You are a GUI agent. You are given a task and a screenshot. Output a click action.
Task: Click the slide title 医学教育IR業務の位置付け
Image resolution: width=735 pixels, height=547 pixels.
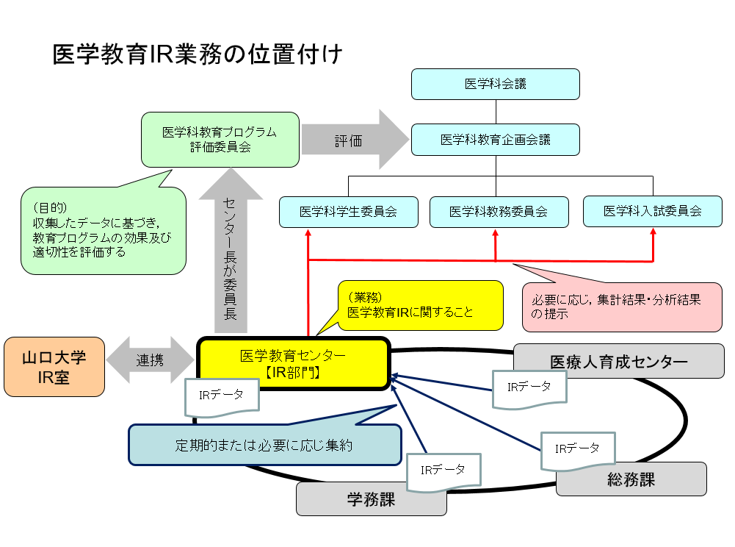tap(198, 55)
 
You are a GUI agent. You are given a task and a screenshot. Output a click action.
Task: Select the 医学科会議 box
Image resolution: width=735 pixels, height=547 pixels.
tap(496, 84)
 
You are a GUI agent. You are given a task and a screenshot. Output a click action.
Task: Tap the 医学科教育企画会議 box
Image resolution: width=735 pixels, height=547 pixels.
tap(496, 139)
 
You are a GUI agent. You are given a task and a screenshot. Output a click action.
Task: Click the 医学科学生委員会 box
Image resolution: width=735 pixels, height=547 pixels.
tap(348, 212)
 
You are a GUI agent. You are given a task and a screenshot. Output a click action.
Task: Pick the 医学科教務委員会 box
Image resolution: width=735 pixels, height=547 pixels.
tap(499, 212)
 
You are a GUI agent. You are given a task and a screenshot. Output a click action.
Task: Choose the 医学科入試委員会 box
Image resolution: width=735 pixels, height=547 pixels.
tap(653, 211)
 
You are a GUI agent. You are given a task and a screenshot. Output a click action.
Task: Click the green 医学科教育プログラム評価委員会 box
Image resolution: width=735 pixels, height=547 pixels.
tap(220, 140)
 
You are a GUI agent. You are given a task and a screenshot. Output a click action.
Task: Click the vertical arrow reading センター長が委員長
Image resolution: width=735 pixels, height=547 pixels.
tap(231, 250)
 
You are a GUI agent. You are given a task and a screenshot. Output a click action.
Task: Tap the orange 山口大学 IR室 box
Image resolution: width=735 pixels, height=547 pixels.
tap(54, 367)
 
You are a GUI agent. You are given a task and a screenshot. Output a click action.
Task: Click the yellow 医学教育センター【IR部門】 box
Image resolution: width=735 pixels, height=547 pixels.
tap(293, 363)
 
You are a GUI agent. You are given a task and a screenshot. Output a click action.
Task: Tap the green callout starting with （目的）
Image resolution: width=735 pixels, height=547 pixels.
tap(102, 231)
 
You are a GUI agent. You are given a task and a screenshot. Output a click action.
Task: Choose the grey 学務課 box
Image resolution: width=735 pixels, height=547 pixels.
tap(371, 501)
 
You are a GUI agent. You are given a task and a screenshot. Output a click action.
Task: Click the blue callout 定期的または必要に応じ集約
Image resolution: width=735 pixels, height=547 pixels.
tap(265, 446)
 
